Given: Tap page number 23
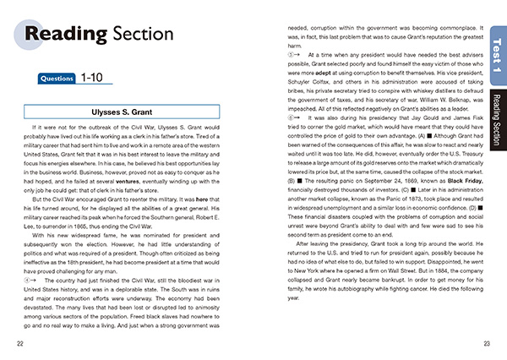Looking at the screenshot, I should [487, 343].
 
